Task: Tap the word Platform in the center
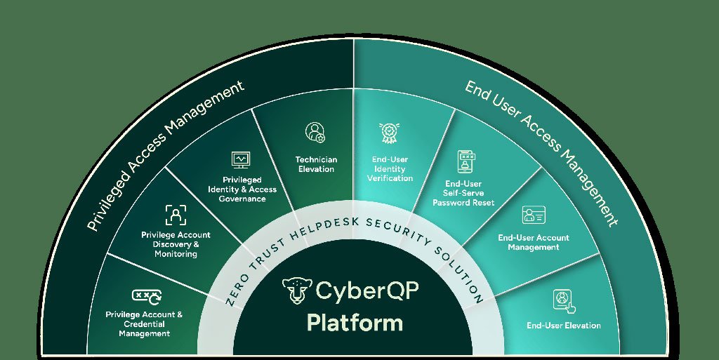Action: click(x=355, y=322)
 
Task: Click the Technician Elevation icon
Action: click(x=316, y=132)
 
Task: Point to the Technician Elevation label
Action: click(x=316, y=164)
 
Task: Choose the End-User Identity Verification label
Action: click(x=390, y=168)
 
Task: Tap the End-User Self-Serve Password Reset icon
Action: click(x=465, y=160)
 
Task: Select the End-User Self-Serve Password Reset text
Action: click(x=463, y=193)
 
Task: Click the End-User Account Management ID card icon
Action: click(x=534, y=215)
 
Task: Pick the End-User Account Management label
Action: click(x=534, y=242)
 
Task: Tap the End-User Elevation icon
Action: click(x=563, y=300)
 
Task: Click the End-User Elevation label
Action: click(x=564, y=326)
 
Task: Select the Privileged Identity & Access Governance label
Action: click(x=242, y=189)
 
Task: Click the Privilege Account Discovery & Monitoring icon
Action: click(x=176, y=214)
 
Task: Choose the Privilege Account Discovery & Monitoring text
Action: click(x=176, y=244)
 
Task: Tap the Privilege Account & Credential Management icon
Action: click(x=147, y=296)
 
